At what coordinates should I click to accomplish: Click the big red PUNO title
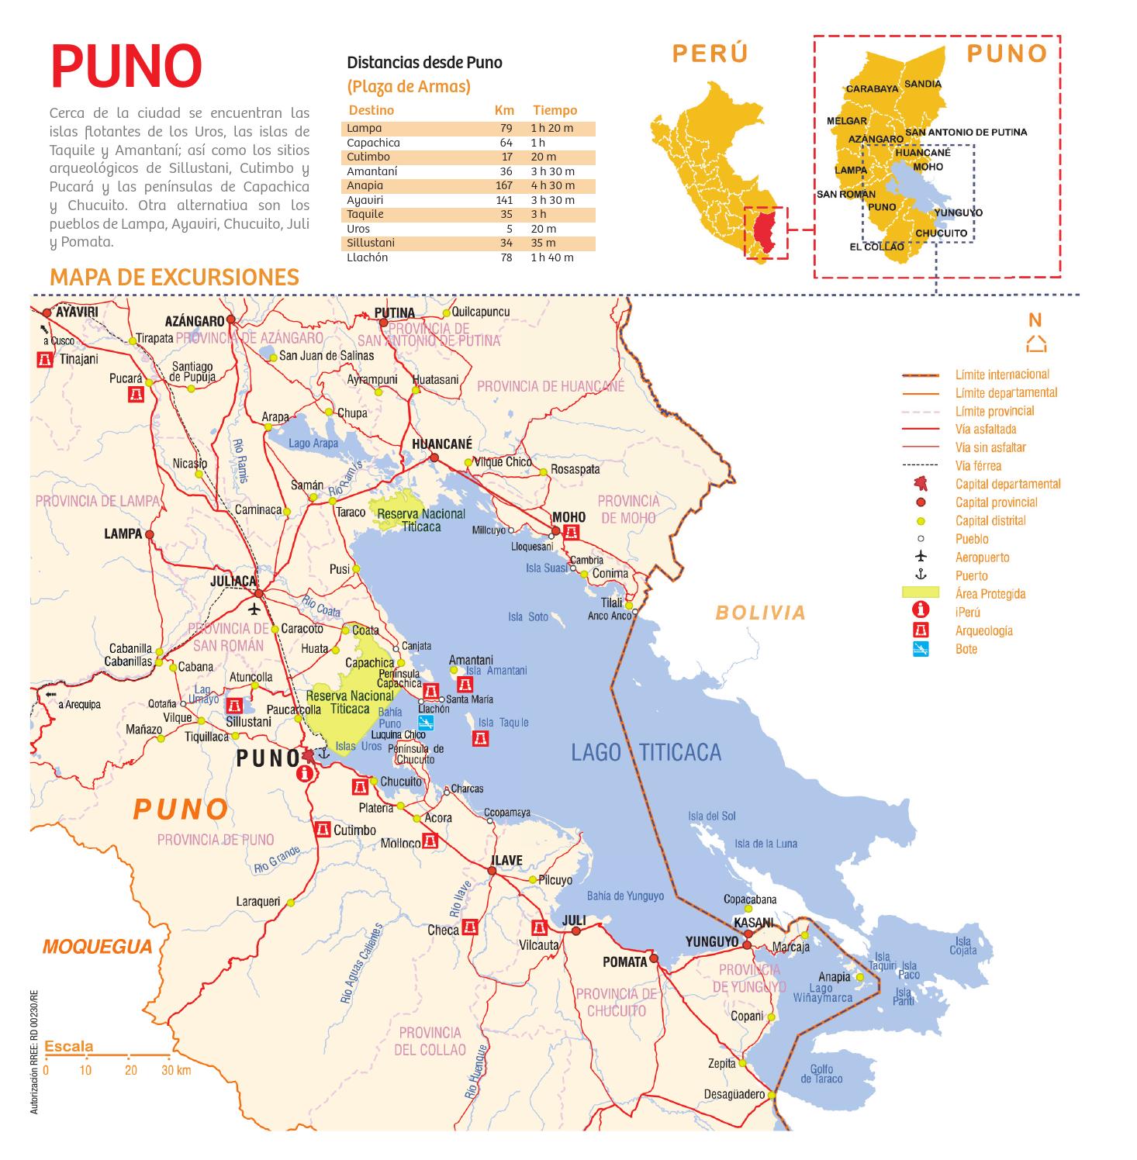(126, 67)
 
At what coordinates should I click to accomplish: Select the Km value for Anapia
(503, 186)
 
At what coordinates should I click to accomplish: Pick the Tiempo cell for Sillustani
(543, 243)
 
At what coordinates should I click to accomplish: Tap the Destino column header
(372, 111)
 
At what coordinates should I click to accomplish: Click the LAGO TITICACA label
(645, 752)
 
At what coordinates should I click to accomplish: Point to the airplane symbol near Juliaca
(254, 609)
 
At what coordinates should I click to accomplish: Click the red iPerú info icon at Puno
(306, 773)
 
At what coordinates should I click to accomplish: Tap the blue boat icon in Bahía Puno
(425, 722)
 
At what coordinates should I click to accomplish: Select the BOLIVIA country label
(760, 613)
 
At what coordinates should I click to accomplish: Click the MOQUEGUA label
(98, 947)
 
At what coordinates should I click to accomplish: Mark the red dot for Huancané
(434, 458)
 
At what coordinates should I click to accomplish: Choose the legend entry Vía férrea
(978, 466)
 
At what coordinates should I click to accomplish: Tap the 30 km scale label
(176, 1071)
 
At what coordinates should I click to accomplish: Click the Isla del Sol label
(711, 816)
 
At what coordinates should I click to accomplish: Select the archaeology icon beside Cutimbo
(323, 830)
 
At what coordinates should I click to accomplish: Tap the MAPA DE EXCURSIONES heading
(174, 278)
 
